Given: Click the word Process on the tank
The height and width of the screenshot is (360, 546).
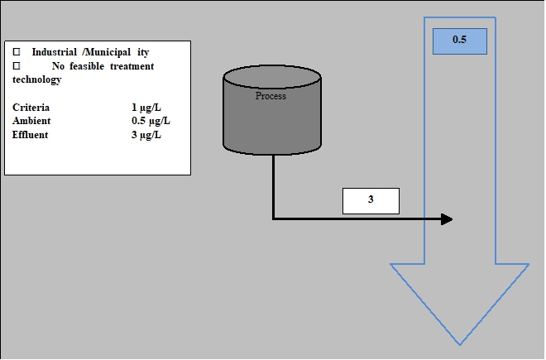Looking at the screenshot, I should point(271,96).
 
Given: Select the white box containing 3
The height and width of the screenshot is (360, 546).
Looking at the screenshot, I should point(371,200).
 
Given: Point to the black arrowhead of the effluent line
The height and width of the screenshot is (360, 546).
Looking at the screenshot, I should point(447,219).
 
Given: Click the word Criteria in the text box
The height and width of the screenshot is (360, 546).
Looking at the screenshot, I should point(31,108).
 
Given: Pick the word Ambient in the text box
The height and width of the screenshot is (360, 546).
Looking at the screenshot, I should point(31,121).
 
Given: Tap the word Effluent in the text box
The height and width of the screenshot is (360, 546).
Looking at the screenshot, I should point(31,134).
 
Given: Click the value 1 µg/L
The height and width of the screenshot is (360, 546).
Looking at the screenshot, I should point(146,108).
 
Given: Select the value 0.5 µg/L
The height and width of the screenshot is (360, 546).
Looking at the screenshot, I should point(150,121).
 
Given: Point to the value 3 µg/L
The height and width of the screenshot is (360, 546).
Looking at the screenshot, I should point(146,134).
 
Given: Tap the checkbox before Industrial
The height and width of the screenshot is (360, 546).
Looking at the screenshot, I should point(17,52).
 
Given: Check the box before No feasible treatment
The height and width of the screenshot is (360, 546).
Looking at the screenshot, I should point(17,66).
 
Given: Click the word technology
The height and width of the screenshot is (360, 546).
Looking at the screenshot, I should point(36,79).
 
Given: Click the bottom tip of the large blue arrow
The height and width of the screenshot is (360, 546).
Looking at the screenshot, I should point(460,343).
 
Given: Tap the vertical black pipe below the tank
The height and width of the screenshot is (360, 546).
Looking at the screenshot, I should point(273,186).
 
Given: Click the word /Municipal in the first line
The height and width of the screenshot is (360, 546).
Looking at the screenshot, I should point(107,52).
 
